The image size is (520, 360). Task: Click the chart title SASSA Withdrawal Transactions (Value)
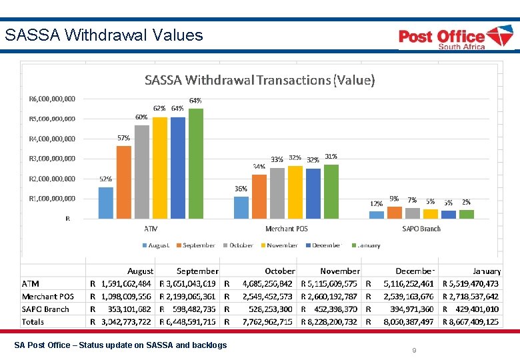pos(260,81)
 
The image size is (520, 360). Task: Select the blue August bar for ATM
pos(106,203)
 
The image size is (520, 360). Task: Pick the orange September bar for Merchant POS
pos(259,196)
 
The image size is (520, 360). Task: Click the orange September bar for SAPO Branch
pos(395,212)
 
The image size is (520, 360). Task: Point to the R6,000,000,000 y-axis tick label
pos(52,99)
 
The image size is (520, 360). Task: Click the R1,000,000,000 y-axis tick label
pos(52,199)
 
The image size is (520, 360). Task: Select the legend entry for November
pos(278,245)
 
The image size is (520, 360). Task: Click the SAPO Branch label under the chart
pos(421,229)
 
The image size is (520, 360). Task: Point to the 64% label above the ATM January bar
pos(195,101)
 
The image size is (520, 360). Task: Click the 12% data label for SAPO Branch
pos(377,203)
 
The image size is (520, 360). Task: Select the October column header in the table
pos(279,271)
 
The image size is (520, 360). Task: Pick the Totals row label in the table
pos(33,321)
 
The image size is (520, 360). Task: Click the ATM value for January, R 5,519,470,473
pos(473,284)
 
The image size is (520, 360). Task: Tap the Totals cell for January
pos(473,321)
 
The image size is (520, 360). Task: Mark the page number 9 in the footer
pos(414,350)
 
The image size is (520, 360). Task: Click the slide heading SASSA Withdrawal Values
pos(104,35)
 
